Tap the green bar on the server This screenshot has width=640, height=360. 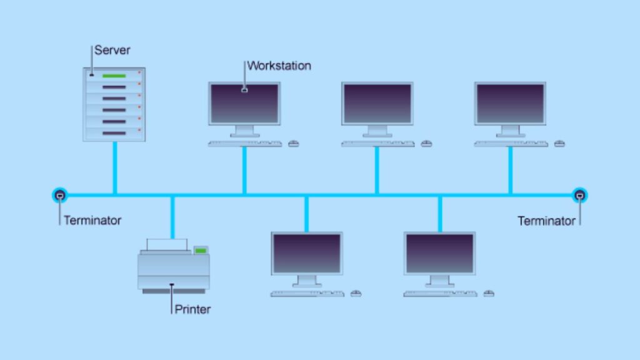coord(114,76)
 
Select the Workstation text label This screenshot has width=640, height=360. coord(279,66)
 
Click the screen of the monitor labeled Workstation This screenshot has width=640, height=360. coord(244,103)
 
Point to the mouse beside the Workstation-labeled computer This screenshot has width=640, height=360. coord(294,144)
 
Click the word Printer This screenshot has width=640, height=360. coord(192,309)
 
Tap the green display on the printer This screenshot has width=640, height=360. coord(201,251)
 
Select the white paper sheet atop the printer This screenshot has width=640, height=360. coord(167,244)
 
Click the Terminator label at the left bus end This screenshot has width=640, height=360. coord(92,220)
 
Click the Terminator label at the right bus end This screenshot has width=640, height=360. coord(546,221)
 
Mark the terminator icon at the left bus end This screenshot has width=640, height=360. coord(59,196)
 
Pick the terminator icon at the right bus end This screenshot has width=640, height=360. coord(580,196)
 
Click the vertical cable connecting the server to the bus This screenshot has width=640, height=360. coord(114,167)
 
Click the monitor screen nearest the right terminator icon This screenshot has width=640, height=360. coord(510,103)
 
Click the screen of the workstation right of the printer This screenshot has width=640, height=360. coord(307,253)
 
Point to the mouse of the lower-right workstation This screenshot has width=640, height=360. coord(489,293)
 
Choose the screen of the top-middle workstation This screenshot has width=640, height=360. coord(377,103)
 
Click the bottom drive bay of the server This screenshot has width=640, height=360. coord(114,133)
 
